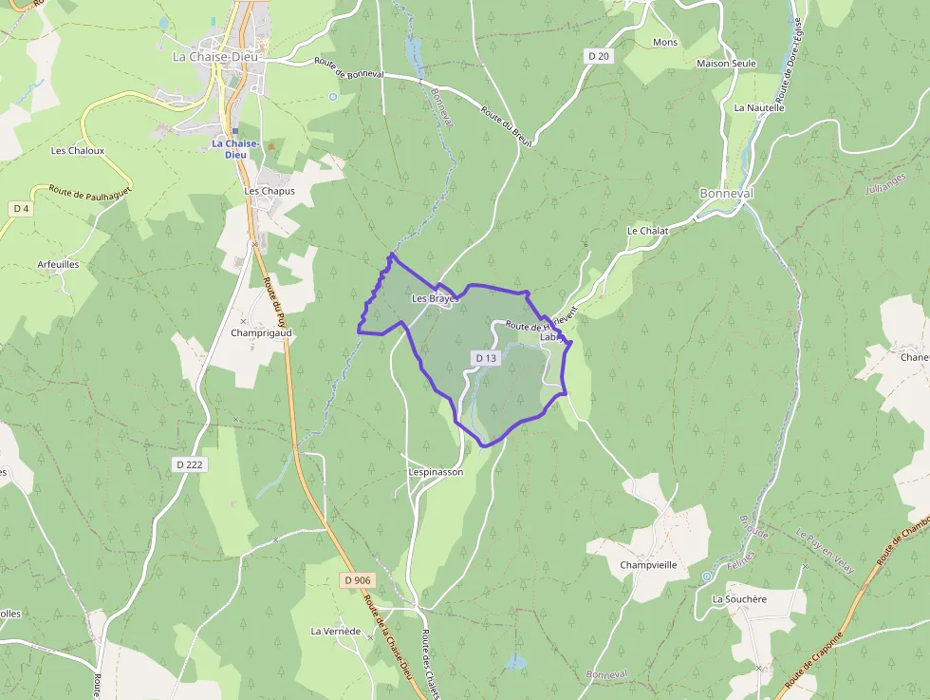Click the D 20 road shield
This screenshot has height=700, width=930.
pos(599,56)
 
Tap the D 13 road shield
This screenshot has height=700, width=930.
pos(485,358)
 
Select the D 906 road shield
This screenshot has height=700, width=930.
pos(358,579)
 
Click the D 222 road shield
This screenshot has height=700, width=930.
pos(191,464)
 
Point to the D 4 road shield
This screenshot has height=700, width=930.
pos(20,208)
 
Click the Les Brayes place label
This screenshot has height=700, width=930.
pos(435,298)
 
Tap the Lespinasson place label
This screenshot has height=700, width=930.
pos(436,471)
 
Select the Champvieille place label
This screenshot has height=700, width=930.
pos(648,564)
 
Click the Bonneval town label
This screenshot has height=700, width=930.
pos(726,193)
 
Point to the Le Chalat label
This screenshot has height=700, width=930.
pos(647,231)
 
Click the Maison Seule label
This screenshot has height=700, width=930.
pos(726,64)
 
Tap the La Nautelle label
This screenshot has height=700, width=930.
pos(759,107)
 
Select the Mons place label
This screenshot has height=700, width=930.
pos(665,43)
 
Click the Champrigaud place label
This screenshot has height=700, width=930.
pos(261,333)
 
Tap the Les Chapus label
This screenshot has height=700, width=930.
pos(270,191)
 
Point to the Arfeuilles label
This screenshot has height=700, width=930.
pos(58,264)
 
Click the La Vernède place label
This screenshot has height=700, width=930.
pos(336,631)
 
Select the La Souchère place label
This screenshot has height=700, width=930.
pos(739,599)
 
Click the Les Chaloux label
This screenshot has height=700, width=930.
pos(78,150)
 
